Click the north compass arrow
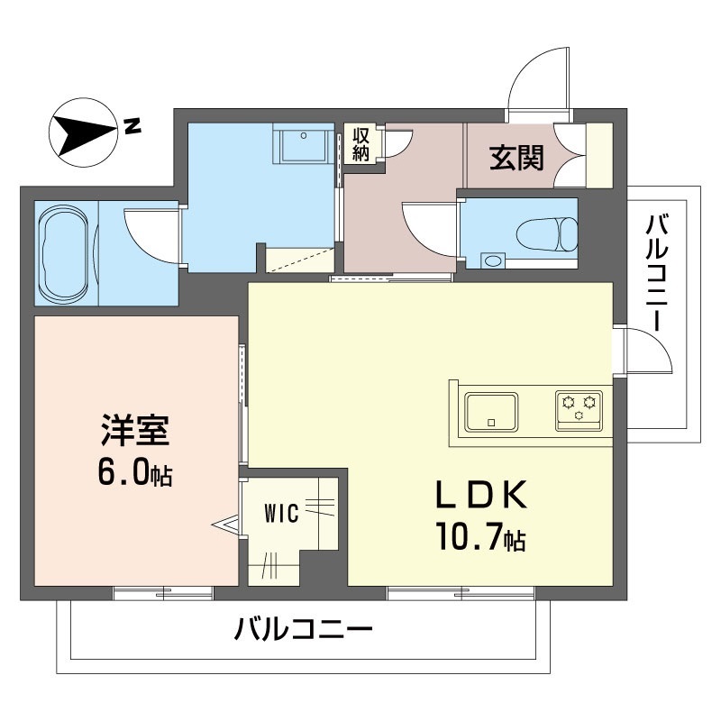click(x=83, y=132)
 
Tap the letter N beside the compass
click(x=133, y=126)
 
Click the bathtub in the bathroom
click(x=66, y=253)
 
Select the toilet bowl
click(x=550, y=234)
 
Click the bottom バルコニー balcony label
click(x=304, y=628)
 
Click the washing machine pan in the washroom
click(x=305, y=146)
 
